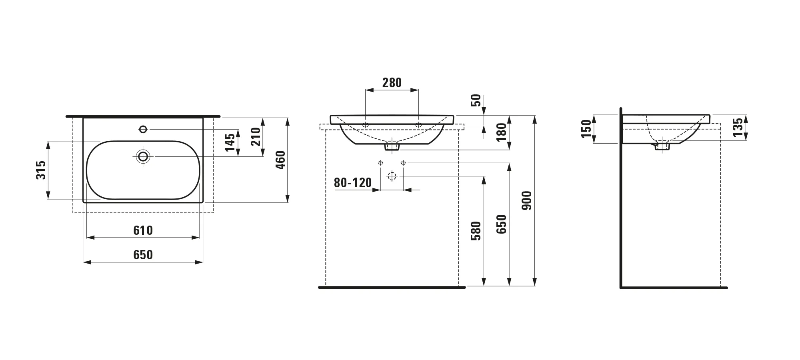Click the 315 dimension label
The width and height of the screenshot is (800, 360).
pyautogui.click(x=41, y=170)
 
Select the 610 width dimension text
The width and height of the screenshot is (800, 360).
pyautogui.click(x=143, y=230)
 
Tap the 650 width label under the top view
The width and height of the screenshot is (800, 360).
pyautogui.click(x=143, y=255)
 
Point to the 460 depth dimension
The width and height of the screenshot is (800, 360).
pyautogui.click(x=281, y=160)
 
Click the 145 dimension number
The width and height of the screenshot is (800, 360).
pyautogui.click(x=230, y=142)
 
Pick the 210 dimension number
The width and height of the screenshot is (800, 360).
pyautogui.click(x=256, y=136)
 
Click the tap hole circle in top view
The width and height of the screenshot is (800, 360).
pyautogui.click(x=143, y=129)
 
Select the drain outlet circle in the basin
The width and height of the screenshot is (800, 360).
pyautogui.click(x=143, y=156)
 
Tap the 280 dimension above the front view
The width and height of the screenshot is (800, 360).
pyautogui.click(x=392, y=83)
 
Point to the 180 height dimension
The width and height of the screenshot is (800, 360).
pyautogui.click(x=501, y=132)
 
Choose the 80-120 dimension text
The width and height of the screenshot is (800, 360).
pyautogui.click(x=353, y=183)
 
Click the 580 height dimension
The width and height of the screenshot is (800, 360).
pyautogui.click(x=476, y=231)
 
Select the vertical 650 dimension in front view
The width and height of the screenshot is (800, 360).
pyautogui.click(x=501, y=224)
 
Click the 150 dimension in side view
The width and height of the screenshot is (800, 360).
pyautogui.click(x=586, y=128)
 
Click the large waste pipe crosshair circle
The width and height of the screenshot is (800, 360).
pyautogui.click(x=392, y=176)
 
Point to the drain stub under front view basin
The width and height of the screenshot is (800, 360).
pyautogui.click(x=392, y=147)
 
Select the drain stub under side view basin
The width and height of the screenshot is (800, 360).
pyautogui.click(x=662, y=146)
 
